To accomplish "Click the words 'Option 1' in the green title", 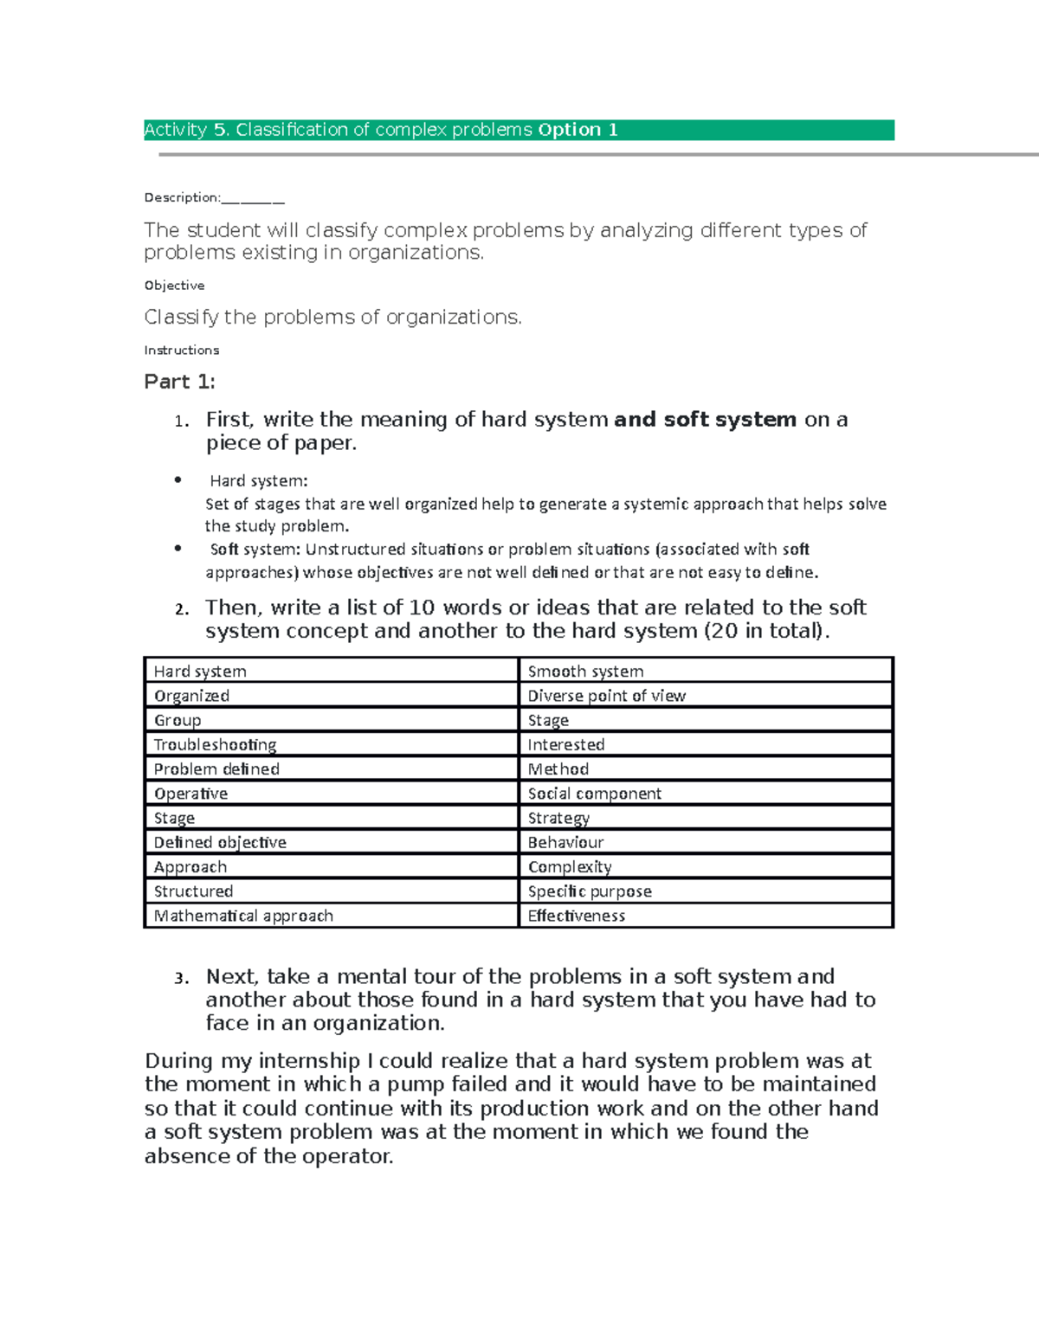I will [578, 130].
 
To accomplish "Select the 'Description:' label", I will [182, 197].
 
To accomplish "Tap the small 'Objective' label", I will [174, 286].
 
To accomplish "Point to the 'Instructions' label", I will [181, 350].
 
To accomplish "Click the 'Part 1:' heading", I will [179, 382].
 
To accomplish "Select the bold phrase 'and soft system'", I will [705, 420].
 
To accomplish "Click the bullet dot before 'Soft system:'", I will [178, 548].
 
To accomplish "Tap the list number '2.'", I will [181, 609].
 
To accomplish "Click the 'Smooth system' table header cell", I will [585, 672].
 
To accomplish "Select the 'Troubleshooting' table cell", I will [215, 745].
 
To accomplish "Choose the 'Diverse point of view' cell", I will [606, 696].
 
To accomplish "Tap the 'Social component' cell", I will [594, 794].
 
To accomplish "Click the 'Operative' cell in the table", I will [190, 794].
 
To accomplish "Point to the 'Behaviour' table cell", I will [565, 843].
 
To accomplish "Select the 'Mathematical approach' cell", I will [243, 916].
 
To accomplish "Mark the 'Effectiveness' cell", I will [576, 916].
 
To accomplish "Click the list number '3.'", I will [181, 979].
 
